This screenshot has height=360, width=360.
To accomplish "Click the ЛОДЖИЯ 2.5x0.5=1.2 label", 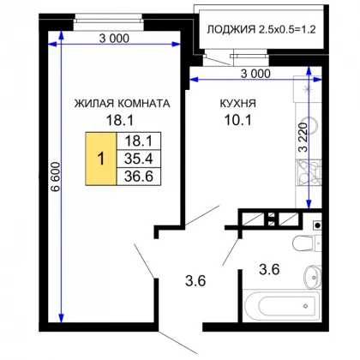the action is [261, 29].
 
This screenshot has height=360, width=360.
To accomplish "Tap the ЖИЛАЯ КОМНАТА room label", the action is [123, 103].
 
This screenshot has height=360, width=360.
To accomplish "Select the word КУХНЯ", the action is [238, 103].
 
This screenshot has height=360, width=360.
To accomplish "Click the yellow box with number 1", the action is [101, 159].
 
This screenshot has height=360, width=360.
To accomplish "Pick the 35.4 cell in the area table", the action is [139, 159].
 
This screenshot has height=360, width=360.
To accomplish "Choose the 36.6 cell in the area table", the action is [139, 177].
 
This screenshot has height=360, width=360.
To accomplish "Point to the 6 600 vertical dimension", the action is [55, 177].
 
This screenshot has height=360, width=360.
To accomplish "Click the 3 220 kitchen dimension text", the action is [303, 137].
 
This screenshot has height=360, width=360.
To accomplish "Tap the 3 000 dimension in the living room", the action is [114, 39].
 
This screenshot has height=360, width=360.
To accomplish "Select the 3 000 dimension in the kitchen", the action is [255, 74].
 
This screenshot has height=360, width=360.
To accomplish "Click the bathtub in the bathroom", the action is [282, 306].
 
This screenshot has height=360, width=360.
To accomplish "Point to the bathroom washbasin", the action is [313, 277].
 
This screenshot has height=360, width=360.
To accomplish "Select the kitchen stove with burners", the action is [309, 172].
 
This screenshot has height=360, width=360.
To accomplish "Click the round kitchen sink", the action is [313, 126].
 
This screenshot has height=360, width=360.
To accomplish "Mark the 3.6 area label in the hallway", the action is [195, 281].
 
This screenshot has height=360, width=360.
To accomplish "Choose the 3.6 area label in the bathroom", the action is [269, 269].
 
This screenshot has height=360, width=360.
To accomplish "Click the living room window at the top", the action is [108, 21].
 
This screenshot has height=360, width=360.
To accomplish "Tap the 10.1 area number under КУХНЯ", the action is [238, 120].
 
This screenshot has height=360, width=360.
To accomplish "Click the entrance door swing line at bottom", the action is [177, 342].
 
